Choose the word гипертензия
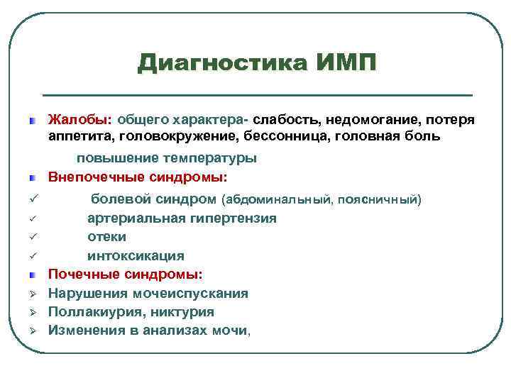(231, 218)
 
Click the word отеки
(106, 237)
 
